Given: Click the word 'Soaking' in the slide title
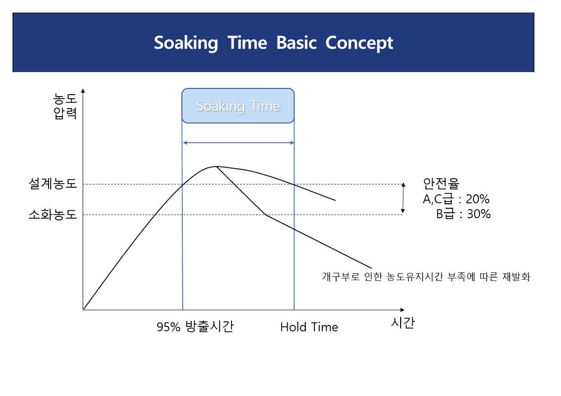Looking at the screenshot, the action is (186, 43).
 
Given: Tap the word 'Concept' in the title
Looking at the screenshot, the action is (359, 43).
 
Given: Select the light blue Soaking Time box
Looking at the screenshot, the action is (238, 106).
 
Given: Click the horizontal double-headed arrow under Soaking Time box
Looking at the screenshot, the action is (238, 143).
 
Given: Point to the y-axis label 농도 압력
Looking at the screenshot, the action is (65, 106).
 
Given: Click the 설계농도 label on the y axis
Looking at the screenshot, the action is (53, 184).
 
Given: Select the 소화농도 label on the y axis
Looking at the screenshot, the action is (53, 215).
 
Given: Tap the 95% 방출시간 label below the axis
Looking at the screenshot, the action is (195, 326).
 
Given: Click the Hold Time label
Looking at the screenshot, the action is (309, 327).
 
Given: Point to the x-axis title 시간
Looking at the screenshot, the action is (403, 323).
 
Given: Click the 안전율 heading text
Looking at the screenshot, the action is (441, 184).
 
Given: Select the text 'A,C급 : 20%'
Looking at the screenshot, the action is (456, 199).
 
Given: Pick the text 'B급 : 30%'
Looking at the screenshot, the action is (463, 214).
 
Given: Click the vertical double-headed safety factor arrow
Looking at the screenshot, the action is (403, 198).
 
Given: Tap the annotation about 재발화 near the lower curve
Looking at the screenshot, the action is (426, 276).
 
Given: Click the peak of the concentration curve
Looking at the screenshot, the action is (216, 166).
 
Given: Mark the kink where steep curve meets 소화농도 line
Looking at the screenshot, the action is (266, 215).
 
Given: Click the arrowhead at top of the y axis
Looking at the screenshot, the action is (83, 91).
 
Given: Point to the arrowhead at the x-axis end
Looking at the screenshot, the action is (402, 310).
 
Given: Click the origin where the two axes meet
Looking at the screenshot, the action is (83, 310).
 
